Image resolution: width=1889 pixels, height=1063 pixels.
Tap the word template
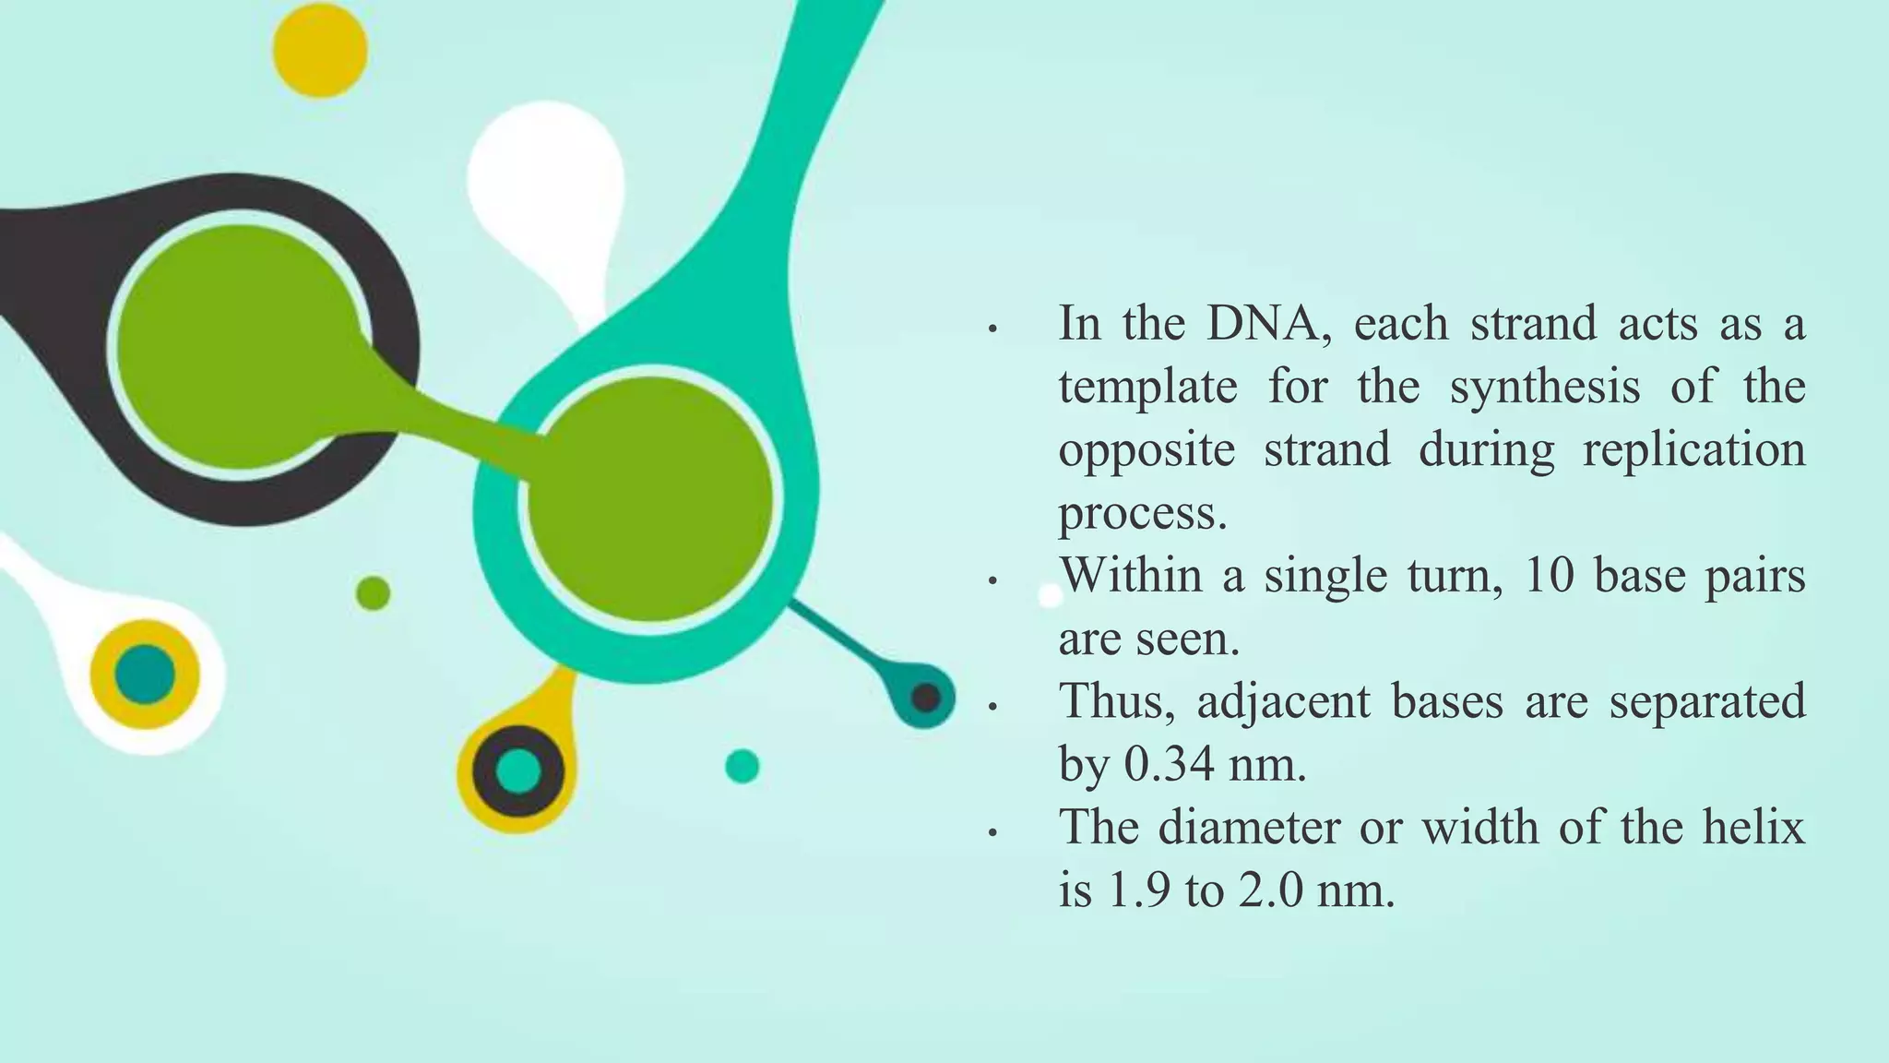point(1147,387)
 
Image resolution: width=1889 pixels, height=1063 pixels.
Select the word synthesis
point(1544,387)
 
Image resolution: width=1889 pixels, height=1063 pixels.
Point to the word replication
point(1693,450)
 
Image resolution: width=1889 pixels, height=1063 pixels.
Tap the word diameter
point(1248,828)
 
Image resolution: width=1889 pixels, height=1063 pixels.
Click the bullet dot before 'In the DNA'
point(992,329)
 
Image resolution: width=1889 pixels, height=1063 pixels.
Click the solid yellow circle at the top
point(320,50)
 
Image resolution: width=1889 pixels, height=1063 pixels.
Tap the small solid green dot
point(373,593)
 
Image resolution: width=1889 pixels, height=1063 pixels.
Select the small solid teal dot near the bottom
point(742,766)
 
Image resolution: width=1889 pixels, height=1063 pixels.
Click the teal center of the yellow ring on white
point(145,675)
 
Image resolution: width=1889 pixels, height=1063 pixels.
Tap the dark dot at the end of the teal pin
point(925,697)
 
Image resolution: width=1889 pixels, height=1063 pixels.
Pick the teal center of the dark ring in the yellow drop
point(517,770)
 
